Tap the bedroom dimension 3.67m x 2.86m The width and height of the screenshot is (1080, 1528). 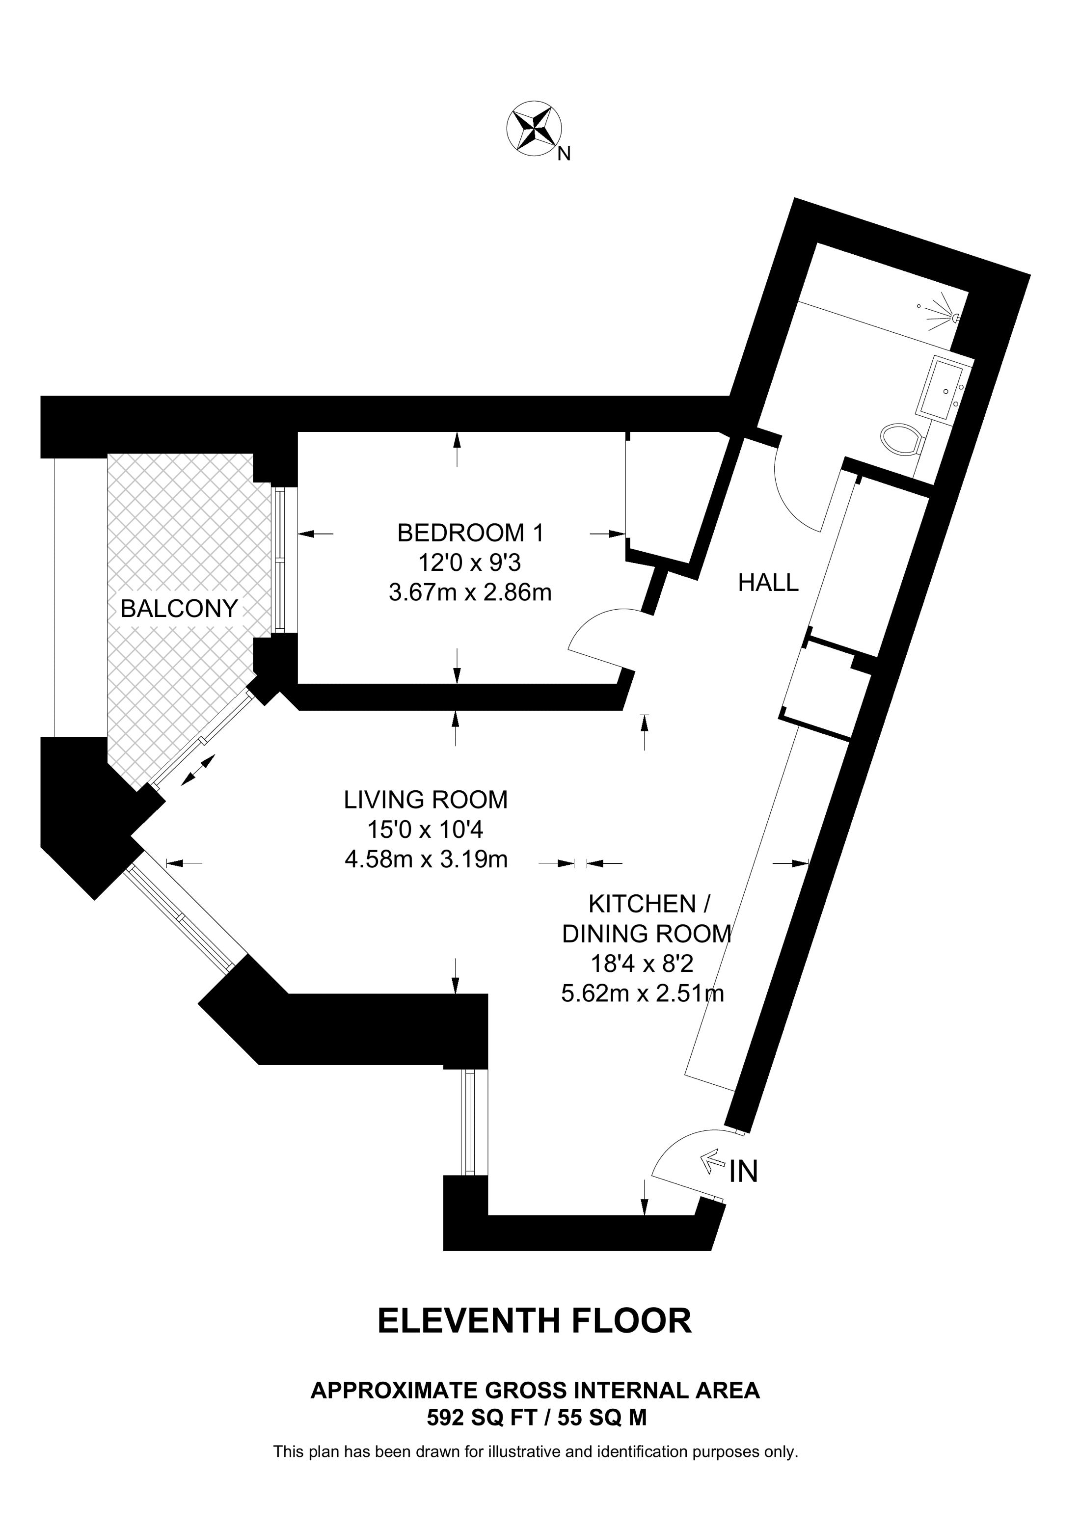click(x=470, y=592)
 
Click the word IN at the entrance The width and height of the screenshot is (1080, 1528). click(x=744, y=1172)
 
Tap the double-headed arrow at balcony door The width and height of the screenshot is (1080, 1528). click(x=198, y=770)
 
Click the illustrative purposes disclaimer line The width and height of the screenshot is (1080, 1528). click(x=536, y=1451)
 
